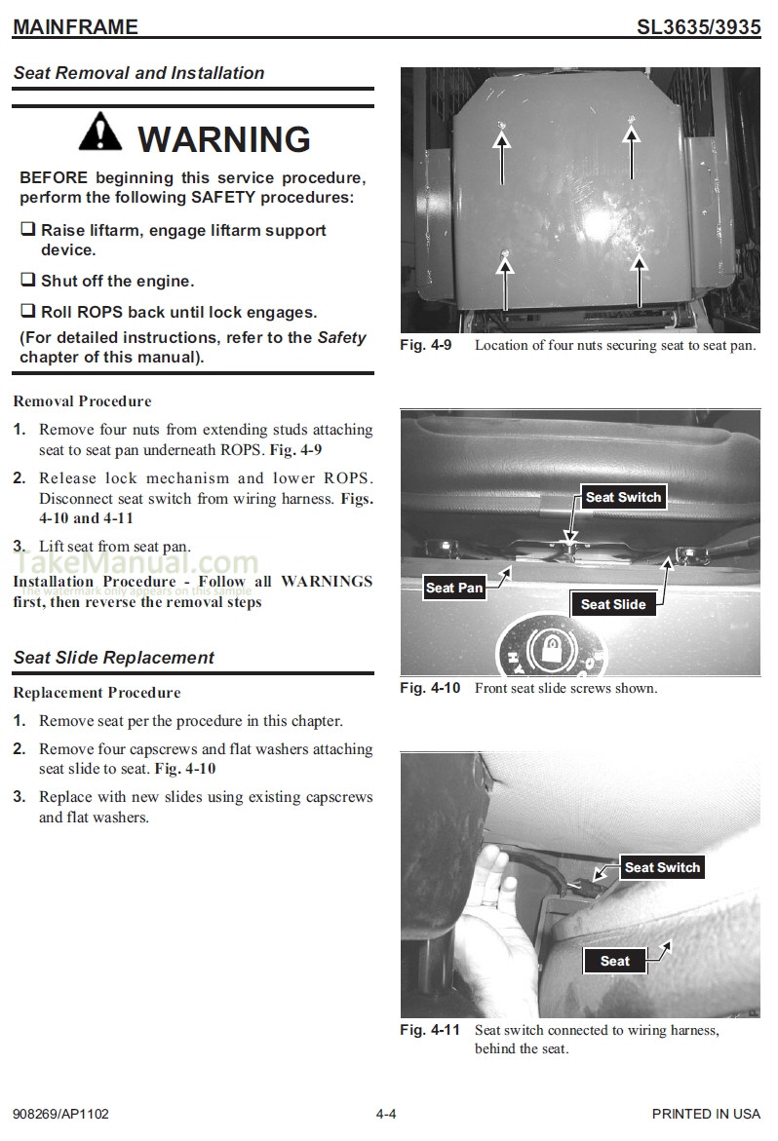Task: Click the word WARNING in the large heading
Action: [x=224, y=138]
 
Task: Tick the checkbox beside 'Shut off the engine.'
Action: [x=28, y=281]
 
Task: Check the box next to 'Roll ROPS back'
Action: [x=28, y=312]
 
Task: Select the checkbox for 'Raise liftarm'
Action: [x=28, y=230]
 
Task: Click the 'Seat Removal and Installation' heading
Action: [x=138, y=73]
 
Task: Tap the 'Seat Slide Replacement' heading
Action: [x=114, y=658]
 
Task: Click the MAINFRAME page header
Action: [x=75, y=27]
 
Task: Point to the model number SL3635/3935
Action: [x=698, y=27]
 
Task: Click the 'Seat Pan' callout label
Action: [x=454, y=588]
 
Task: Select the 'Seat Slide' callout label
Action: [x=613, y=604]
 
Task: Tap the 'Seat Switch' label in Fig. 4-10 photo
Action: [x=623, y=497]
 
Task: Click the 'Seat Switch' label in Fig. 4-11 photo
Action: [x=662, y=867]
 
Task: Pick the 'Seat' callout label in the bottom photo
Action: [x=614, y=961]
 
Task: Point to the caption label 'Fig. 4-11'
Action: [x=429, y=1030]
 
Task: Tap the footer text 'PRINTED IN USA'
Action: [x=706, y=1114]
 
